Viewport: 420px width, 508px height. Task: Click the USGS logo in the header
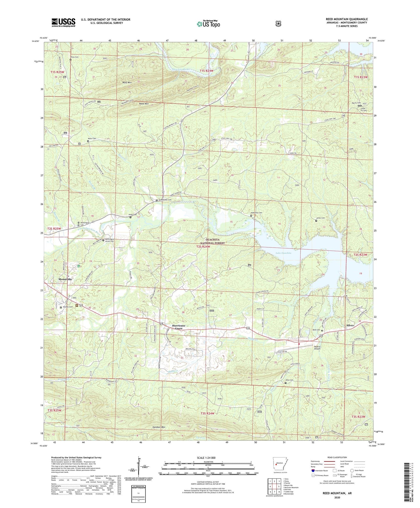[63, 22]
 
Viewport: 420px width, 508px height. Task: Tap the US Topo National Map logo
[208, 24]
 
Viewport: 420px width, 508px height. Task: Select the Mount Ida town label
[65, 279]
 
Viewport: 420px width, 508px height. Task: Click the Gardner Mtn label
[159, 427]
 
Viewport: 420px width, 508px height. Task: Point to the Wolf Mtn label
[127, 82]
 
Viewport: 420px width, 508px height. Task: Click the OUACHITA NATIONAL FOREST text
[212, 241]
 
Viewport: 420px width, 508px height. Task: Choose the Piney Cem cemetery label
[74, 57]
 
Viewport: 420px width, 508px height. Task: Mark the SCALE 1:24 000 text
[206, 458]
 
